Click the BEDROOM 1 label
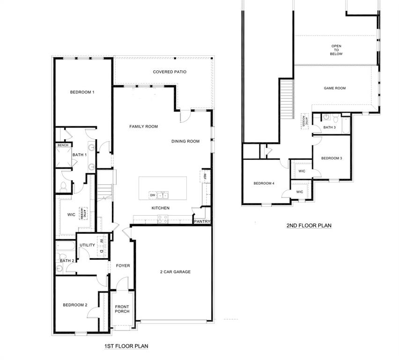coord(82,92)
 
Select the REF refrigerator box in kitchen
coord(205,176)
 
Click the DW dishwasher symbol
coord(153,195)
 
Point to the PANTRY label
coord(202,222)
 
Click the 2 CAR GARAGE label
coord(175,272)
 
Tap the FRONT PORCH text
coord(122,309)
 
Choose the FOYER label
coord(123,266)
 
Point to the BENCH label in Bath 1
coord(63,145)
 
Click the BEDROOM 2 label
coord(75,305)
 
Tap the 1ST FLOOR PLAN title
coord(126,346)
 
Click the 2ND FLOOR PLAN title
coord(309,225)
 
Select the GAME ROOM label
coord(334,88)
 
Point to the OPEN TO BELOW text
coord(336,50)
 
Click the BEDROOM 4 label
coord(264,183)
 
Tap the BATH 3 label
coord(329,127)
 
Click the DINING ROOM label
coord(185,141)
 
